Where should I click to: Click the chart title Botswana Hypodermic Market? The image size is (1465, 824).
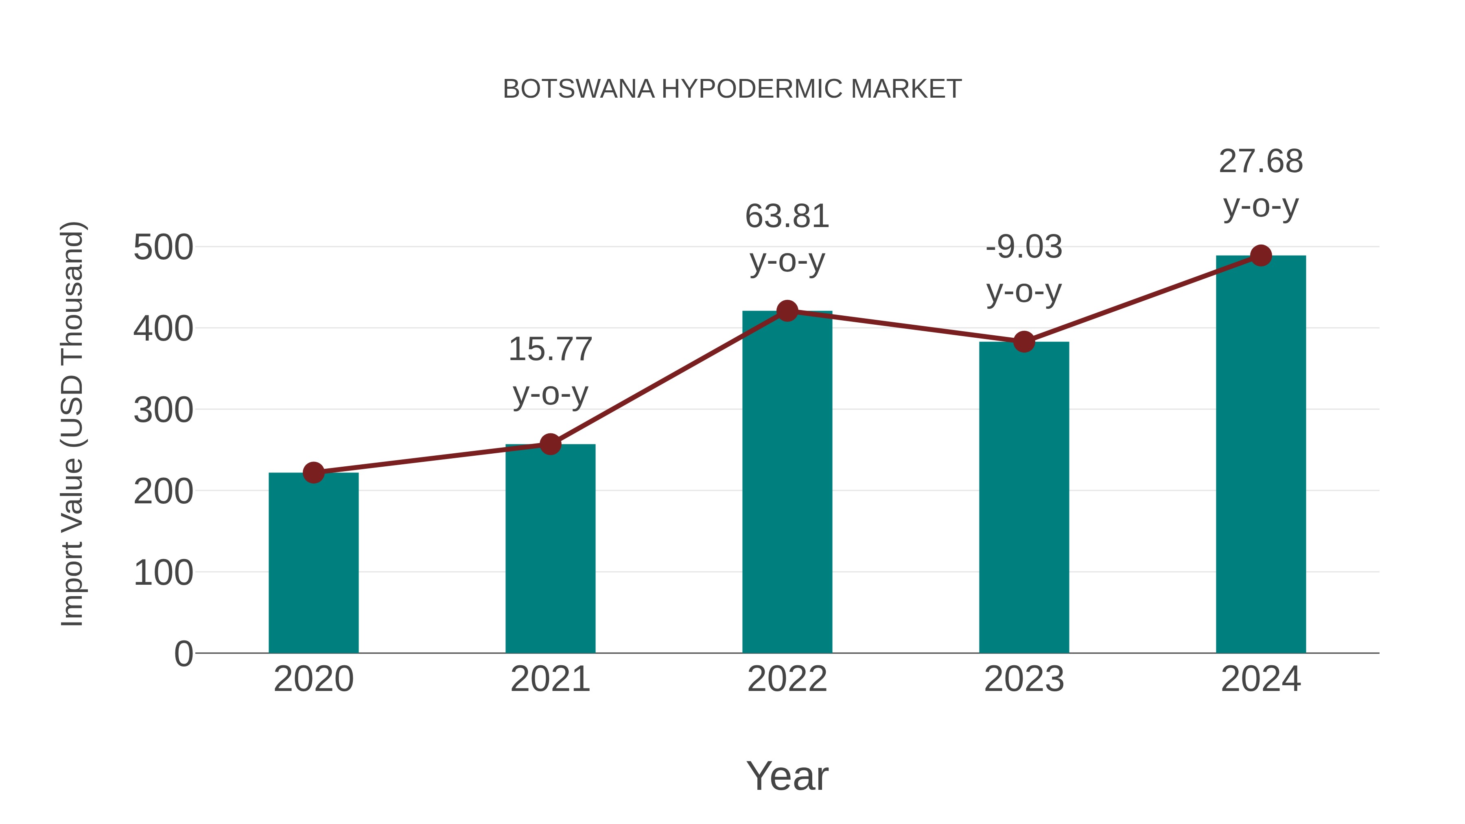(x=732, y=89)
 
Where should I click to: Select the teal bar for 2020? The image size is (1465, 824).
(x=313, y=563)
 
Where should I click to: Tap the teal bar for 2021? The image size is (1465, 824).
(x=550, y=549)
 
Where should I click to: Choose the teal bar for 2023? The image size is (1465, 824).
(x=1024, y=498)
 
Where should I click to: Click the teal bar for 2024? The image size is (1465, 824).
(x=1261, y=455)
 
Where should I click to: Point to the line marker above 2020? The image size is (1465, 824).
(x=313, y=472)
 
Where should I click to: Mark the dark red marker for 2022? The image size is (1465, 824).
(x=787, y=310)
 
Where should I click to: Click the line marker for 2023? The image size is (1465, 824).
(x=1024, y=342)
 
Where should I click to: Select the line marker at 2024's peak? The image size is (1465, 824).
(x=1261, y=256)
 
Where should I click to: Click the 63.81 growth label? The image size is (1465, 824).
(x=787, y=238)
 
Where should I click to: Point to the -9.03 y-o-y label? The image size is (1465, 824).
(x=1024, y=269)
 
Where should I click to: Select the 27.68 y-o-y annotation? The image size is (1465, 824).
(x=1261, y=183)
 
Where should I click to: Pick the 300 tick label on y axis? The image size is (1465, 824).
(x=163, y=410)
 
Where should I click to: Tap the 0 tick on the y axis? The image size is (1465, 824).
(x=183, y=654)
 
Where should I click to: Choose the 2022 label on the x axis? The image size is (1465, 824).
(x=787, y=679)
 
